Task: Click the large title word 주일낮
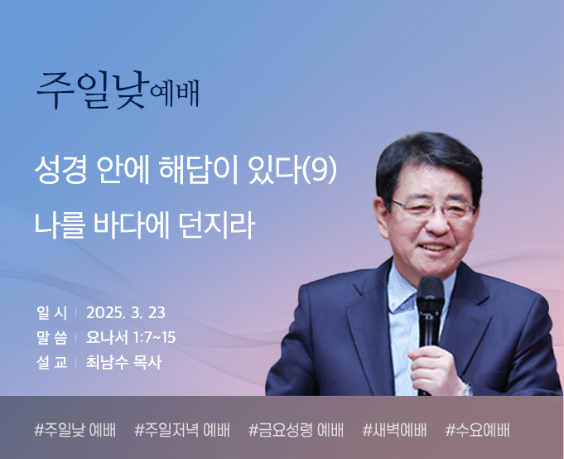pos(93,90)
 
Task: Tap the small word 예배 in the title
pos(175,94)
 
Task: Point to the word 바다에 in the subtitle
pos(132,226)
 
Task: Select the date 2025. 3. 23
pos(126,312)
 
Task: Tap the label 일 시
pos(51,312)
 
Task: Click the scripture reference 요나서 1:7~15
pos(131,337)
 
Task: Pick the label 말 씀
pos(51,337)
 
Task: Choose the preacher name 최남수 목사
pos(123,362)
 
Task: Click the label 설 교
pos(51,362)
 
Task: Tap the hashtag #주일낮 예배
pos(75,430)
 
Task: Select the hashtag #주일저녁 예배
pos(181,430)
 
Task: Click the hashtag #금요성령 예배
pos(296,430)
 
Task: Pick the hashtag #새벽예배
pos(394,430)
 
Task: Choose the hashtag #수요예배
pos(477,430)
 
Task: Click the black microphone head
pos(431,295)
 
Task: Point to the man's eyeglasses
pos(433,210)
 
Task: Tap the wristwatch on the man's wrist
pos(467,389)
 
